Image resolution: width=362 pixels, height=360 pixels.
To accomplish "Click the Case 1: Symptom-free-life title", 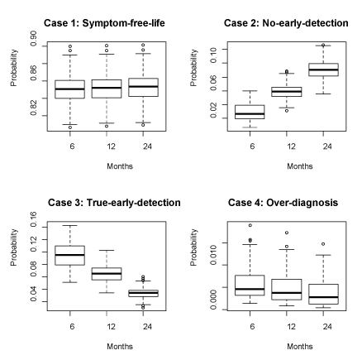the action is pyautogui.click(x=104, y=23).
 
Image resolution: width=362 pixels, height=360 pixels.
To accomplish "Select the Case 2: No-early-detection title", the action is pyautogui.click(x=286, y=23).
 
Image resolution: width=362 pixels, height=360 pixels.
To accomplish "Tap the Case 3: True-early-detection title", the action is pyautogui.click(x=114, y=203).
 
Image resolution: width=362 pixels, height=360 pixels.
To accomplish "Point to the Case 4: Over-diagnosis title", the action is pyautogui.click(x=283, y=203).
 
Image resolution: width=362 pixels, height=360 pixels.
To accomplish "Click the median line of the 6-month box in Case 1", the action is pyautogui.click(x=70, y=89).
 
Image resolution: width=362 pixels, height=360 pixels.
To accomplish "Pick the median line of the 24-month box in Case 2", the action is pyautogui.click(x=323, y=70).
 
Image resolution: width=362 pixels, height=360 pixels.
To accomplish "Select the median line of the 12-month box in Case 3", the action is pyautogui.click(x=107, y=273).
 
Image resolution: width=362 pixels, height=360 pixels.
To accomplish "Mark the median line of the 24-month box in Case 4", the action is pyautogui.click(x=323, y=297).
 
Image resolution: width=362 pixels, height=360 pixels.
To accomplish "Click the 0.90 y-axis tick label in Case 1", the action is pyautogui.click(x=34, y=39).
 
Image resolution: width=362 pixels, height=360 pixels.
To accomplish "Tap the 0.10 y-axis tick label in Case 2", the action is pyautogui.click(x=213, y=55).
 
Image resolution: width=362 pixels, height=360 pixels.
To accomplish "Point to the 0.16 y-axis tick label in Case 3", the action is pyautogui.click(x=34, y=219).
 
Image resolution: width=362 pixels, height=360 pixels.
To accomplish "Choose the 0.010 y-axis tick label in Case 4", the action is pyautogui.click(x=213, y=254).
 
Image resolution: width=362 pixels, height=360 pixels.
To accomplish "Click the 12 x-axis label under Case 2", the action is pyautogui.click(x=291, y=146).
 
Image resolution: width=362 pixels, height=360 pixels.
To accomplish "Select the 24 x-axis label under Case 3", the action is pyautogui.click(x=147, y=327).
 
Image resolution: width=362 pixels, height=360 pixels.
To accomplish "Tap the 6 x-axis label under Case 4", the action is pyautogui.click(x=252, y=327).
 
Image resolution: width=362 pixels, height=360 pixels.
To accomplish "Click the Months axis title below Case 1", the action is pyautogui.click(x=120, y=166).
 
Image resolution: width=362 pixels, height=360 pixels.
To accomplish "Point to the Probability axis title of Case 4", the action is pyautogui.click(x=194, y=247).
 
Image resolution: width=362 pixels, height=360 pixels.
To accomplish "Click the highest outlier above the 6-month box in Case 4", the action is pyautogui.click(x=250, y=225).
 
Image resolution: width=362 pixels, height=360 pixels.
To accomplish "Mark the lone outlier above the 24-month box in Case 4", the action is pyautogui.click(x=323, y=244).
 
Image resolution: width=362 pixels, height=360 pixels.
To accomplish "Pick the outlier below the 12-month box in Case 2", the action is pyautogui.click(x=287, y=111).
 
